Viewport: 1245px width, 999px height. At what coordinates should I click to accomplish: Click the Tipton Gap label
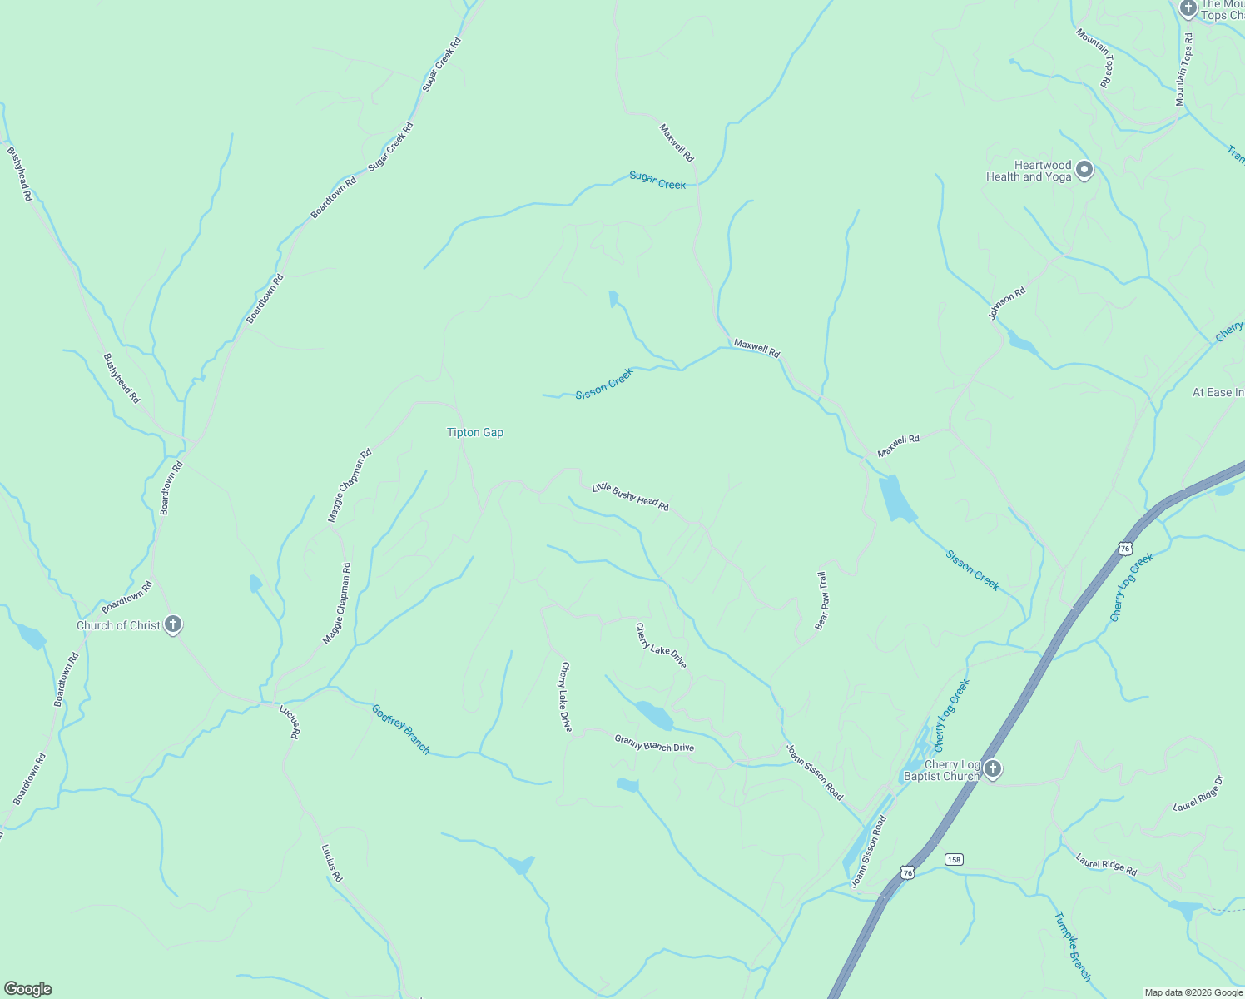[474, 433]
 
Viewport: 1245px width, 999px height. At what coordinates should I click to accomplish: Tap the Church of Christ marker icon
[173, 624]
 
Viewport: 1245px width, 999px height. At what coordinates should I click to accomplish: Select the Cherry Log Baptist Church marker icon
[992, 768]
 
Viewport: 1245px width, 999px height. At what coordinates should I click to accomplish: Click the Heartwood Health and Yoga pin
[1084, 171]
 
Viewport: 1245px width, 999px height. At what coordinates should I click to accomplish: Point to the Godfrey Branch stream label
[400, 729]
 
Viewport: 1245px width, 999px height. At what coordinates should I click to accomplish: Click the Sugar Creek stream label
[657, 180]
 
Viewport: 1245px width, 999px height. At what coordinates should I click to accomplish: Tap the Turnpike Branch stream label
[1072, 947]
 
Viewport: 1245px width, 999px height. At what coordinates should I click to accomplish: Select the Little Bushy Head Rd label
[630, 497]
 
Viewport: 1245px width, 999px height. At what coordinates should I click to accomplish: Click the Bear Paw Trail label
[821, 600]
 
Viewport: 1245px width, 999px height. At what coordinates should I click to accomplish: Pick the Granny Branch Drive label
[654, 743]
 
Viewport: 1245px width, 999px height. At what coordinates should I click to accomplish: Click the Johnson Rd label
[1007, 304]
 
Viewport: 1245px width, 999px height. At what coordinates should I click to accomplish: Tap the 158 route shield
[954, 859]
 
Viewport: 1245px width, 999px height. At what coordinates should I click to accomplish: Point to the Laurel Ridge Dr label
[1198, 793]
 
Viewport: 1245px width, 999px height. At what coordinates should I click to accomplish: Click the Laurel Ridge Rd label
[1106, 864]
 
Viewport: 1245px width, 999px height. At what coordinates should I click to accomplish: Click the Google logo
[27, 989]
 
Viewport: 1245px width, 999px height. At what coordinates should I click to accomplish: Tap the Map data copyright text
[1193, 992]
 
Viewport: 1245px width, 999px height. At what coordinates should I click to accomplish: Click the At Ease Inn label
[1218, 392]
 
